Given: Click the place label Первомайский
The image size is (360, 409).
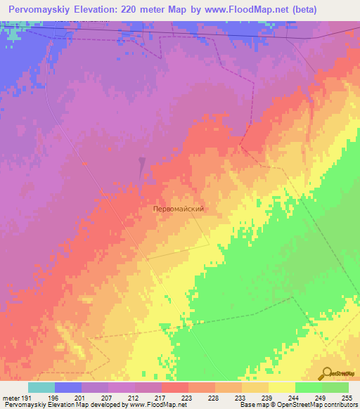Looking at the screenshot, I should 183,209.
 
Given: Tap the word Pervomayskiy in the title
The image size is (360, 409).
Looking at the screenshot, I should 43,10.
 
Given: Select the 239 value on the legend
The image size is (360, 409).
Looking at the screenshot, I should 268,398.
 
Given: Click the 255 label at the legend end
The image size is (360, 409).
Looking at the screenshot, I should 347,398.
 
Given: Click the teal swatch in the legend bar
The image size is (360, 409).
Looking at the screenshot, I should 41,387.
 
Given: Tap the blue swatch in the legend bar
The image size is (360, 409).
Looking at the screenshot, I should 68,387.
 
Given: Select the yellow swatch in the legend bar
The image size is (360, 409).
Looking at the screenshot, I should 281,387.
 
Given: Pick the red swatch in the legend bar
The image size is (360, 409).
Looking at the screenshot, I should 175,387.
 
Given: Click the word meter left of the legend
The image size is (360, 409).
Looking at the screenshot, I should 11,398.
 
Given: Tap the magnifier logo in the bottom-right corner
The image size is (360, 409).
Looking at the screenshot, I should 327,374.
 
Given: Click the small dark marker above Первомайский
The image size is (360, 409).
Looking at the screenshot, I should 142,167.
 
